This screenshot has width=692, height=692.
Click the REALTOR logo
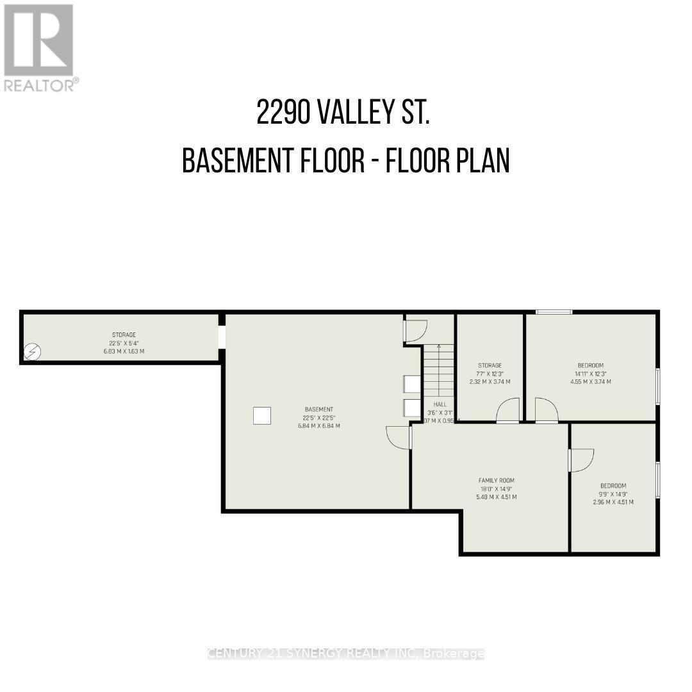[40, 47]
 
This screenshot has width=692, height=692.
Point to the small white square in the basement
[261, 415]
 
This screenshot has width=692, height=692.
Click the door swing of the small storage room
[507, 411]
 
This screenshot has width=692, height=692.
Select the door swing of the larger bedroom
[546, 411]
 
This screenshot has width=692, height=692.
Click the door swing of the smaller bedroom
[581, 460]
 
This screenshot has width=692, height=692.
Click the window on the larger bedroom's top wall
[554, 312]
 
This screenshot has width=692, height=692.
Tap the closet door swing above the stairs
[416, 329]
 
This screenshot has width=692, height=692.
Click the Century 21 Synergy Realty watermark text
[346, 654]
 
